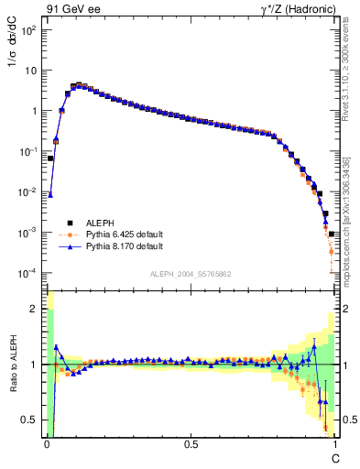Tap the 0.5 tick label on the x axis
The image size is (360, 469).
point(191,444)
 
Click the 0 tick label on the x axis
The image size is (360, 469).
point(47,444)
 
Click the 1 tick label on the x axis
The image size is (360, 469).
point(335,444)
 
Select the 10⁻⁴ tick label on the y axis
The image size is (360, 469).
point(29,273)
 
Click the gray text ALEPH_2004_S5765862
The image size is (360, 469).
point(190,274)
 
